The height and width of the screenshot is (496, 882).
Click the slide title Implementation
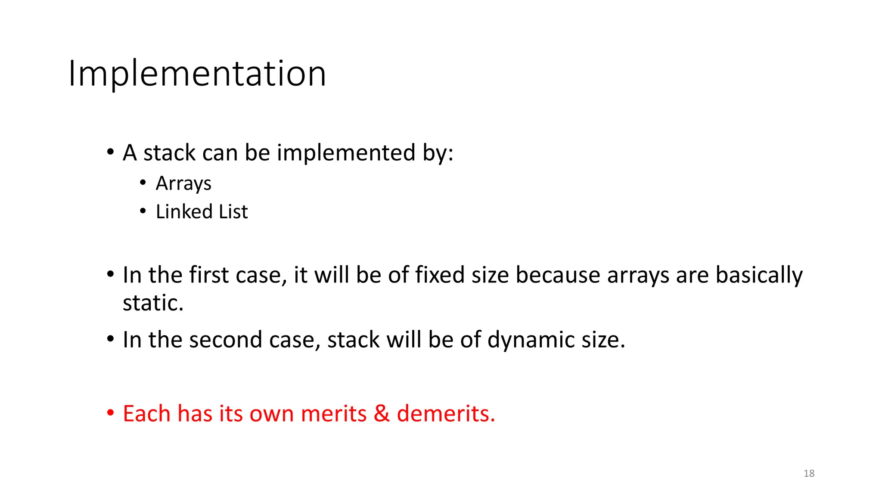tap(197, 74)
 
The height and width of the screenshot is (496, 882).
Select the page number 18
tap(809, 474)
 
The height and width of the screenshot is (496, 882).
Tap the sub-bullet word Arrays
tap(183, 184)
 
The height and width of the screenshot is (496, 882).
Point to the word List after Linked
tap(233, 212)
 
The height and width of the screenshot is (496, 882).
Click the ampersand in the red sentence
tap(382, 414)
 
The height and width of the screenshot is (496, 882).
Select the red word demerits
tap(446, 414)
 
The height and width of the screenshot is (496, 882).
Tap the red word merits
tap(334, 414)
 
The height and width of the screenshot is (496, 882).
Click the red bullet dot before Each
tap(111, 413)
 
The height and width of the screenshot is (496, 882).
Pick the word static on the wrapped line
tap(153, 303)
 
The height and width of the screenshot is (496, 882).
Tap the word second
tap(226, 340)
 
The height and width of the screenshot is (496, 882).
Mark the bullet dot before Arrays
tap(143, 183)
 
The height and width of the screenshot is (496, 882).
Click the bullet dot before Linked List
tap(143, 211)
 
